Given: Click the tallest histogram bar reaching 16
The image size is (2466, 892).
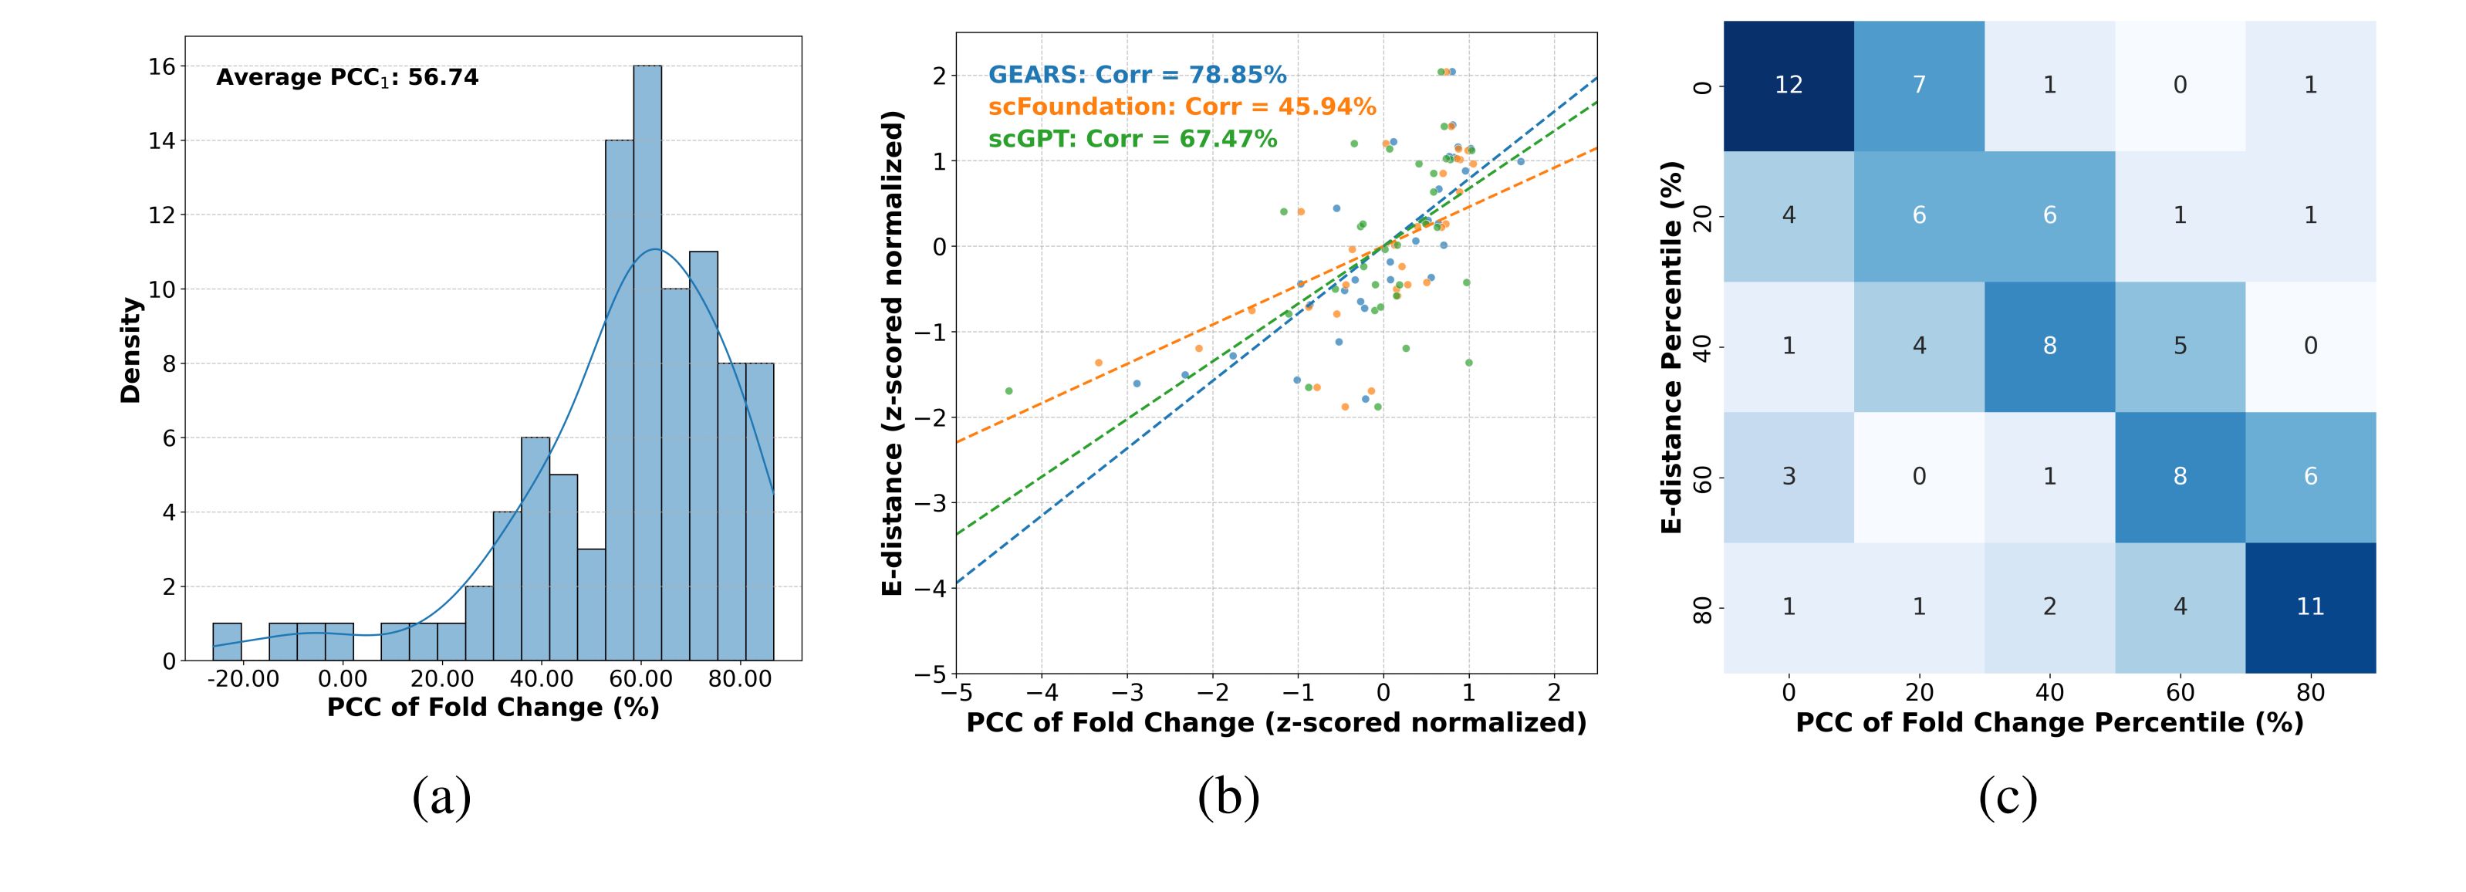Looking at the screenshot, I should pyautogui.click(x=647, y=363).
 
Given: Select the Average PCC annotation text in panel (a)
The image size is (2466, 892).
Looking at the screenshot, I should pyautogui.click(x=346, y=77).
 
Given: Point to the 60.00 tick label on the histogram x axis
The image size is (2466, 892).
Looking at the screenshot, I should pyautogui.click(x=640, y=680).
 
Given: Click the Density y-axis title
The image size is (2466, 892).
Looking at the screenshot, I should pyautogui.click(x=131, y=350).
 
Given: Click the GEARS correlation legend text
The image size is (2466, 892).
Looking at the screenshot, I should pyautogui.click(x=1137, y=76).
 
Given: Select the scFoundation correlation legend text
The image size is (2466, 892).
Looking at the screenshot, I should pyautogui.click(x=1181, y=107).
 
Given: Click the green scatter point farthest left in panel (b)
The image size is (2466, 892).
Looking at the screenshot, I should pyautogui.click(x=1008, y=390).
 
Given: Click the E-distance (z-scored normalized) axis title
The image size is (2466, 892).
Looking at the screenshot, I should pyautogui.click(x=892, y=353).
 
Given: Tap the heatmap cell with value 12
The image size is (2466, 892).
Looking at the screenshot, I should pyautogui.click(x=1789, y=85).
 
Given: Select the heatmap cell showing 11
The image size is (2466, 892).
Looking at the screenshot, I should pyautogui.click(x=2310, y=606).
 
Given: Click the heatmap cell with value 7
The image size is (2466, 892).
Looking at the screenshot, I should pyautogui.click(x=1918, y=85).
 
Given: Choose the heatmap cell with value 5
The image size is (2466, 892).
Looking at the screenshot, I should pyautogui.click(x=2180, y=346).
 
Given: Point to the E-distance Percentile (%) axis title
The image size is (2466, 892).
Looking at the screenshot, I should pyautogui.click(x=1671, y=347).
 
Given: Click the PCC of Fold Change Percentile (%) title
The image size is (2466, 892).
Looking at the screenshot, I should pyautogui.click(x=2049, y=722).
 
